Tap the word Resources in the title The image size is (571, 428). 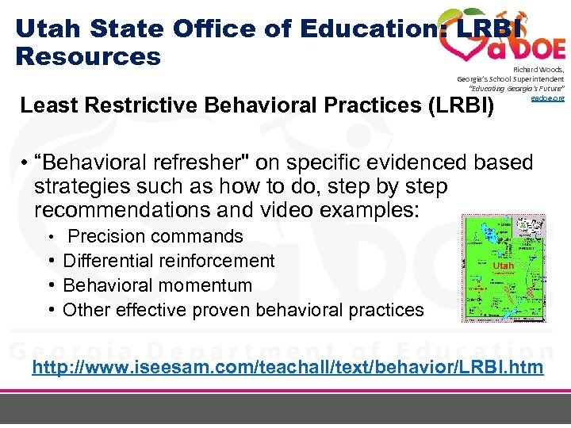coord(88,57)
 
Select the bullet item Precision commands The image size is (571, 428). coord(155,236)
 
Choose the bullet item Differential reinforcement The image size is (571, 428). coord(168,261)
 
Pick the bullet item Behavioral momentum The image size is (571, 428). coord(157,285)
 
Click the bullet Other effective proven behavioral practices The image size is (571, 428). coord(243,310)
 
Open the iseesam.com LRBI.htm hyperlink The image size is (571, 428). coord(286,367)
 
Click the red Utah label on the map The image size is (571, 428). coord(503,266)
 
